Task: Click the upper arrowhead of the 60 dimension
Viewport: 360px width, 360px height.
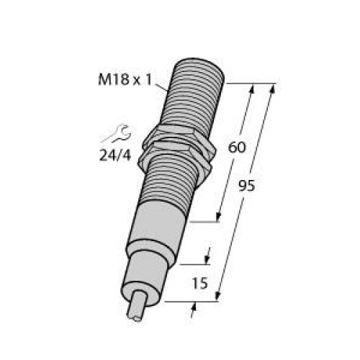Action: tap(251, 90)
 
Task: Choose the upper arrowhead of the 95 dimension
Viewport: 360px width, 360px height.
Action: tap(272, 90)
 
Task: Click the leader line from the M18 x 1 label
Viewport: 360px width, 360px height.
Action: tap(163, 87)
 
